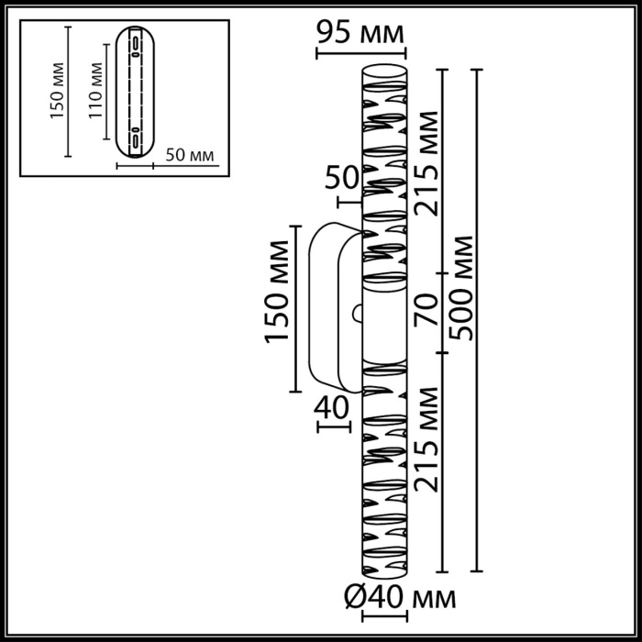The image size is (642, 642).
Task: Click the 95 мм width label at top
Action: coord(360,34)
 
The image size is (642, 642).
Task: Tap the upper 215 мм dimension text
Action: coord(425,163)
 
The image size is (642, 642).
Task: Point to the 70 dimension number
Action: coord(425,312)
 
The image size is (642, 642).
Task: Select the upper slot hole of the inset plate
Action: coord(135,47)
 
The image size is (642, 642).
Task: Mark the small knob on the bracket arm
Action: coord(356,313)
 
